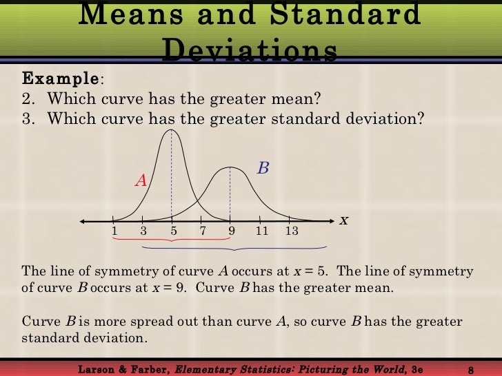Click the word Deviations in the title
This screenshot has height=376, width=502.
pos(251,50)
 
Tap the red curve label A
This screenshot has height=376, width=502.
pos(141,180)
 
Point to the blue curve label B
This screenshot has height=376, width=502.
pos(263,167)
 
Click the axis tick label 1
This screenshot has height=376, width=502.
pos(114,231)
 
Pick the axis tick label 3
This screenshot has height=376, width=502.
pos(143,231)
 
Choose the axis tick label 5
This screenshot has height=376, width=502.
pos(173,231)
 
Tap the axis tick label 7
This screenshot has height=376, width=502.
pos(203,231)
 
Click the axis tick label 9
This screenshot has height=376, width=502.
pos(232,231)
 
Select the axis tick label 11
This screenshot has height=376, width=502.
pos(261,231)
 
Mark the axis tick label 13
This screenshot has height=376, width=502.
pos(291,231)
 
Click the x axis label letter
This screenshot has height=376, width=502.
pos(343,220)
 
